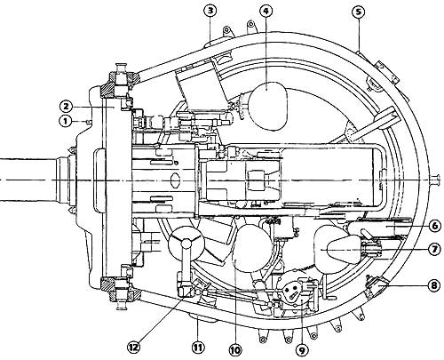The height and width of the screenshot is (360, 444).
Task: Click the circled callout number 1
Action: [65, 121]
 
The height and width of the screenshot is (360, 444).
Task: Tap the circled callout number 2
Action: [66, 106]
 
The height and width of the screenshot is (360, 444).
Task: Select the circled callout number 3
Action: [210, 12]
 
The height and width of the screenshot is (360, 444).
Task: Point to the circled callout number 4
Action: [266, 12]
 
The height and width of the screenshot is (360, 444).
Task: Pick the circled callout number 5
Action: [359, 12]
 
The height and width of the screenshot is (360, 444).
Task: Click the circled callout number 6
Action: [435, 226]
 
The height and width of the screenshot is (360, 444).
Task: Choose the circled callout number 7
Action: [434, 250]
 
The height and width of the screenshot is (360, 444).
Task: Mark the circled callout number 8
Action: [434, 286]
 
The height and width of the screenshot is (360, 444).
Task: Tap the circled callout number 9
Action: [302, 350]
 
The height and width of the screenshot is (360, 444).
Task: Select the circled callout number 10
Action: [235, 350]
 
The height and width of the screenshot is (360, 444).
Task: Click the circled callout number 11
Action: [198, 347]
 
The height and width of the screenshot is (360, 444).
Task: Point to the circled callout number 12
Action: [134, 347]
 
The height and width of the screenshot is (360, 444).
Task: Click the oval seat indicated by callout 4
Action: [268, 106]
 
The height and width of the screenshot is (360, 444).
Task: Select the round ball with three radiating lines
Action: [186, 244]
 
